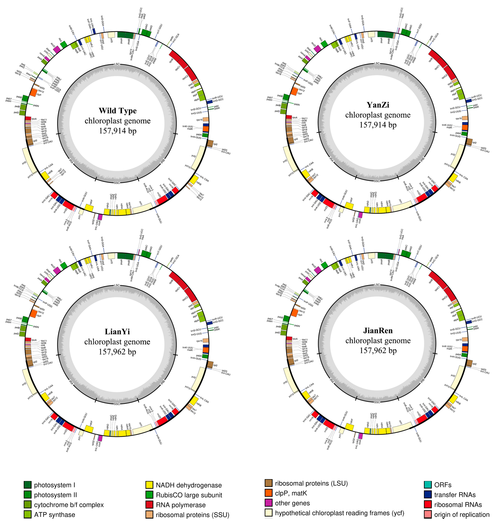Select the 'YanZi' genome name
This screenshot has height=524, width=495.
[x=378, y=105]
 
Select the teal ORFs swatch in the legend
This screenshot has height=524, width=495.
[x=428, y=485]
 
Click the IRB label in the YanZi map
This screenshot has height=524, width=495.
[x=422, y=159]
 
